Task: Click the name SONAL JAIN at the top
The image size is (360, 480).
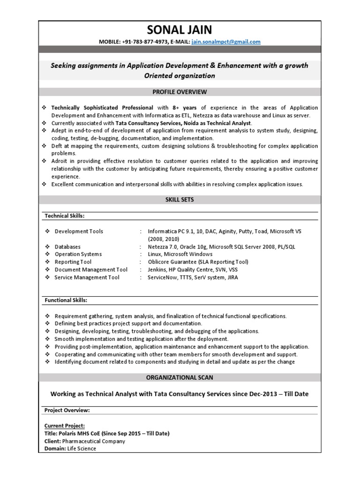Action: pyautogui.click(x=180, y=30)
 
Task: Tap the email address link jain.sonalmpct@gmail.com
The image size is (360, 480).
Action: pyautogui.click(x=226, y=42)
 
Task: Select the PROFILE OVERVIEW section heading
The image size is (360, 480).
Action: pyautogui.click(x=180, y=92)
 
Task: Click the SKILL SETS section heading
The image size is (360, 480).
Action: pyautogui.click(x=180, y=200)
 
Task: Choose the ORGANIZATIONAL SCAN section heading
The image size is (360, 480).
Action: pyautogui.click(x=180, y=377)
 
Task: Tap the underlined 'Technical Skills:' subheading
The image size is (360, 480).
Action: pyautogui.click(x=64, y=216)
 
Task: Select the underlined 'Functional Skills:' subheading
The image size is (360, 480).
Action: pyautogui.click(x=66, y=300)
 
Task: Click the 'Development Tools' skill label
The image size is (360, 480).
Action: pyautogui.click(x=79, y=232)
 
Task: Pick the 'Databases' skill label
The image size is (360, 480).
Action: pyautogui.click(x=67, y=247)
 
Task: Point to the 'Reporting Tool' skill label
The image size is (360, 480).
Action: pyautogui.click(x=73, y=262)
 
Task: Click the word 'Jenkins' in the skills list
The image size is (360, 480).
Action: pyautogui.click(x=158, y=270)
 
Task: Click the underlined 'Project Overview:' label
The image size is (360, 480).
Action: pyautogui.click(x=67, y=410)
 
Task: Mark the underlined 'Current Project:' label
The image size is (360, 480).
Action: pyautogui.click(x=65, y=426)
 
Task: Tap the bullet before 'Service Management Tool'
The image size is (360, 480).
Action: pyautogui.click(x=47, y=277)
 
